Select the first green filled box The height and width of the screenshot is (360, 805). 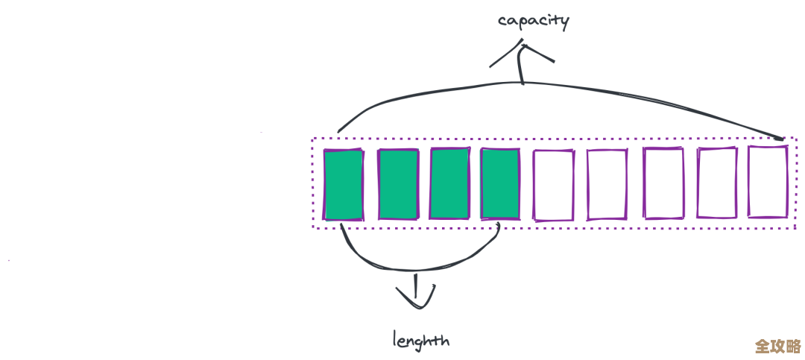pyautogui.click(x=344, y=185)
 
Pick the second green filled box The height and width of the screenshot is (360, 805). pyautogui.click(x=398, y=185)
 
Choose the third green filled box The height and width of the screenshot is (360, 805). pyautogui.click(x=449, y=185)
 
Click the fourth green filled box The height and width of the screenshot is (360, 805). pyautogui.click(x=500, y=185)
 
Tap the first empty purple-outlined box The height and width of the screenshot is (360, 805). pyautogui.click(x=554, y=186)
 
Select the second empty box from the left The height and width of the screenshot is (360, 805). pyautogui.click(x=607, y=185)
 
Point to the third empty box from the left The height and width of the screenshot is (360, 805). pyautogui.click(x=663, y=183)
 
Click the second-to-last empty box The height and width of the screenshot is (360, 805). pyautogui.click(x=717, y=183)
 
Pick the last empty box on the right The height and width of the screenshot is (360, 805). pyautogui.click(x=768, y=182)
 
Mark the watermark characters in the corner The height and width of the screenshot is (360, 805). pyautogui.click(x=777, y=347)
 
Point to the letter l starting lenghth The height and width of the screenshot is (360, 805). pyautogui.click(x=395, y=338)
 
